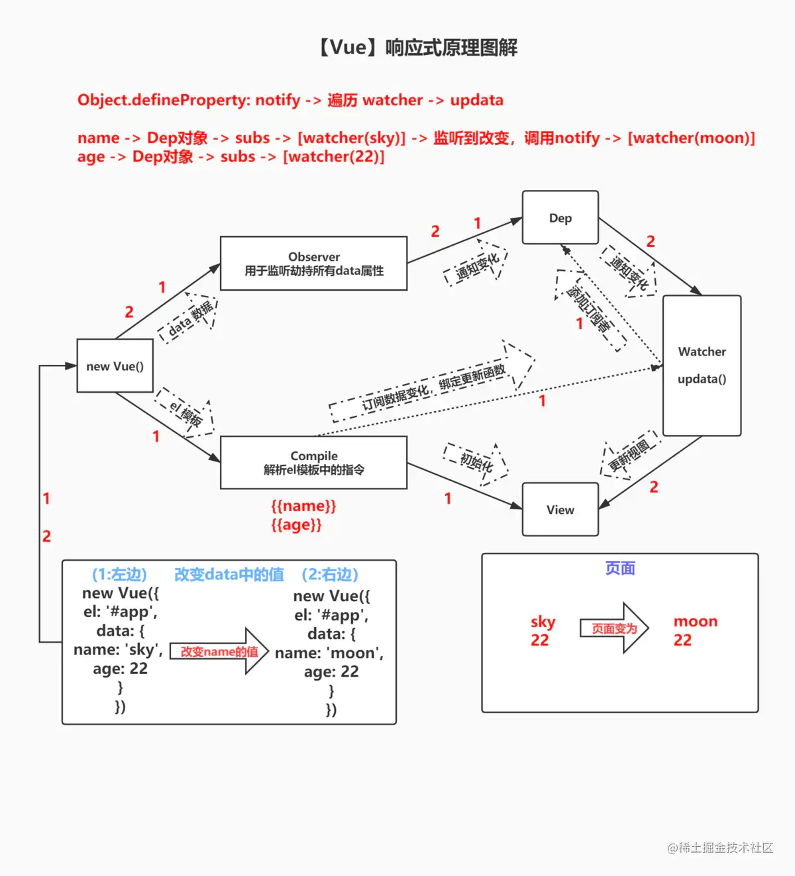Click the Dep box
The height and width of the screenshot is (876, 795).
[x=560, y=218]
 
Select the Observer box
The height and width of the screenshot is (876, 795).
[x=313, y=264]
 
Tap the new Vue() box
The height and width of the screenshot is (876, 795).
[x=115, y=366]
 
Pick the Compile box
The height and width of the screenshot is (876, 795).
[x=313, y=463]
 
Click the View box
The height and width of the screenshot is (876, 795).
[x=560, y=509]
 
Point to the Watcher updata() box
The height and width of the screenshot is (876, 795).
[x=702, y=365]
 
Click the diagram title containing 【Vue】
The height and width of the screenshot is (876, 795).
[x=418, y=48]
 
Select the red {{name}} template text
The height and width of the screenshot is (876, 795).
[x=303, y=506]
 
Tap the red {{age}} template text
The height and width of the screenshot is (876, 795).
[x=296, y=525]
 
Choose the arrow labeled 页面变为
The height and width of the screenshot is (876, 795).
[x=614, y=628]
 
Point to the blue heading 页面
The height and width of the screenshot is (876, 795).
[x=620, y=568]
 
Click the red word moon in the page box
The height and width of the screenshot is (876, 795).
[x=696, y=621]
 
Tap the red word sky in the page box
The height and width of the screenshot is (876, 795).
[x=543, y=622]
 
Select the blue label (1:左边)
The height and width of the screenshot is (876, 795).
[x=119, y=574]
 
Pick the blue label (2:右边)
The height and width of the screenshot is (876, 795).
[x=330, y=574]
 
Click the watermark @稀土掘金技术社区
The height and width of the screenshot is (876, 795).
[x=720, y=848]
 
